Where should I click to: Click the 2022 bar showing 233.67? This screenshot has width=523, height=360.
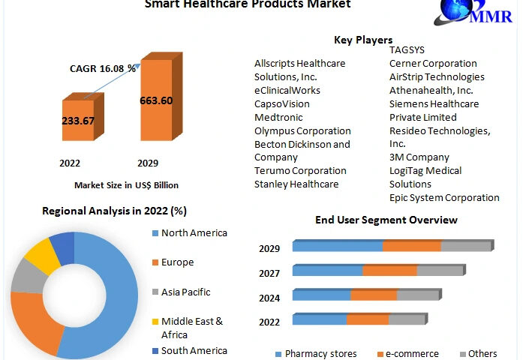pos(78,121)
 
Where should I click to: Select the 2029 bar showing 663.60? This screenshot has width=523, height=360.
pos(156,101)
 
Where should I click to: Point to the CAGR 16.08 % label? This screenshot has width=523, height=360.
pos(104,68)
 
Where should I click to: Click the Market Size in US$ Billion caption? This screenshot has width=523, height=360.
pos(126,184)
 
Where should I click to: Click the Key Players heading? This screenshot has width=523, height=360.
pos(363,40)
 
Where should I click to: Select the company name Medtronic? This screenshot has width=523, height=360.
pos(279,117)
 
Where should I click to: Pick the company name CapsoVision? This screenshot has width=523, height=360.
pos(282,103)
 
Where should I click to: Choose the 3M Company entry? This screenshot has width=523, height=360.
pos(419,157)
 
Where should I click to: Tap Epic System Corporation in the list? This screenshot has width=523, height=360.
pos(444,198)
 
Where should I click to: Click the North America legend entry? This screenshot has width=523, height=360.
pos(194,232)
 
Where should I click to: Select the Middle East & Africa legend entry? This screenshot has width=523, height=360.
pos(192,328)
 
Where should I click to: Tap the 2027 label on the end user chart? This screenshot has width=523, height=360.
pos(269,273)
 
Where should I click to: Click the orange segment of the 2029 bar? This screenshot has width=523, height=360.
pos(411,246)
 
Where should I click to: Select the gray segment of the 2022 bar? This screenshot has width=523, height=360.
pos(407,319)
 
